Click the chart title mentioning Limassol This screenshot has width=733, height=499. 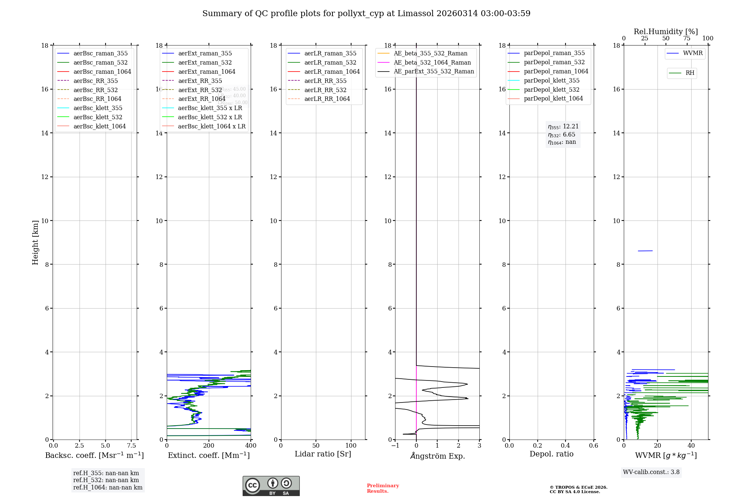pos(366,14)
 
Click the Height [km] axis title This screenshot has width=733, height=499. pos(35,243)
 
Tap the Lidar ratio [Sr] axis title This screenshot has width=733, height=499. pos(323,454)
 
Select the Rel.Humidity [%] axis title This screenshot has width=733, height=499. pos(666,32)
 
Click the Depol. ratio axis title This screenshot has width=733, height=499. pos(551,454)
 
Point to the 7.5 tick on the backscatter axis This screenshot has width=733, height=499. pos(132,446)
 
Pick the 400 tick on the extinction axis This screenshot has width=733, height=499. pos(251,446)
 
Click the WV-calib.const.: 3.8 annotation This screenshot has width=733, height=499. pos(651,472)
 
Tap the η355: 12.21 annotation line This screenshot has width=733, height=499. pos(563,127)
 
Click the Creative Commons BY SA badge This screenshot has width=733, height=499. pos(271,486)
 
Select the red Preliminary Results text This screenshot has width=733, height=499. pos(383,488)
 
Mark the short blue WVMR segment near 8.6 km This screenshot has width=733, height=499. pos(645,251)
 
